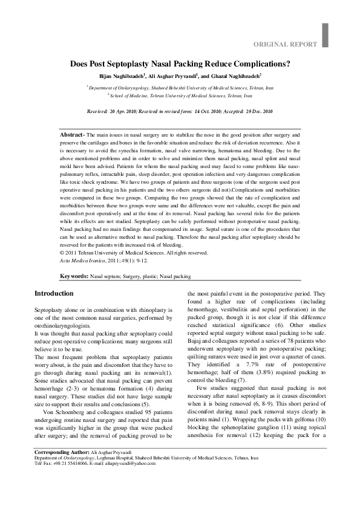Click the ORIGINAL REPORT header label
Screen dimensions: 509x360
coord(284,44)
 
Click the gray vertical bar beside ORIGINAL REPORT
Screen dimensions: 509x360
coord(326,35)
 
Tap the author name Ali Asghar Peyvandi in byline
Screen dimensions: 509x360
coord(172,77)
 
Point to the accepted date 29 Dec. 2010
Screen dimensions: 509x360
coord(258,112)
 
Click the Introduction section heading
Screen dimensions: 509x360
coord(54,293)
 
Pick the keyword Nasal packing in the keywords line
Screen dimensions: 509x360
coord(175,276)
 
